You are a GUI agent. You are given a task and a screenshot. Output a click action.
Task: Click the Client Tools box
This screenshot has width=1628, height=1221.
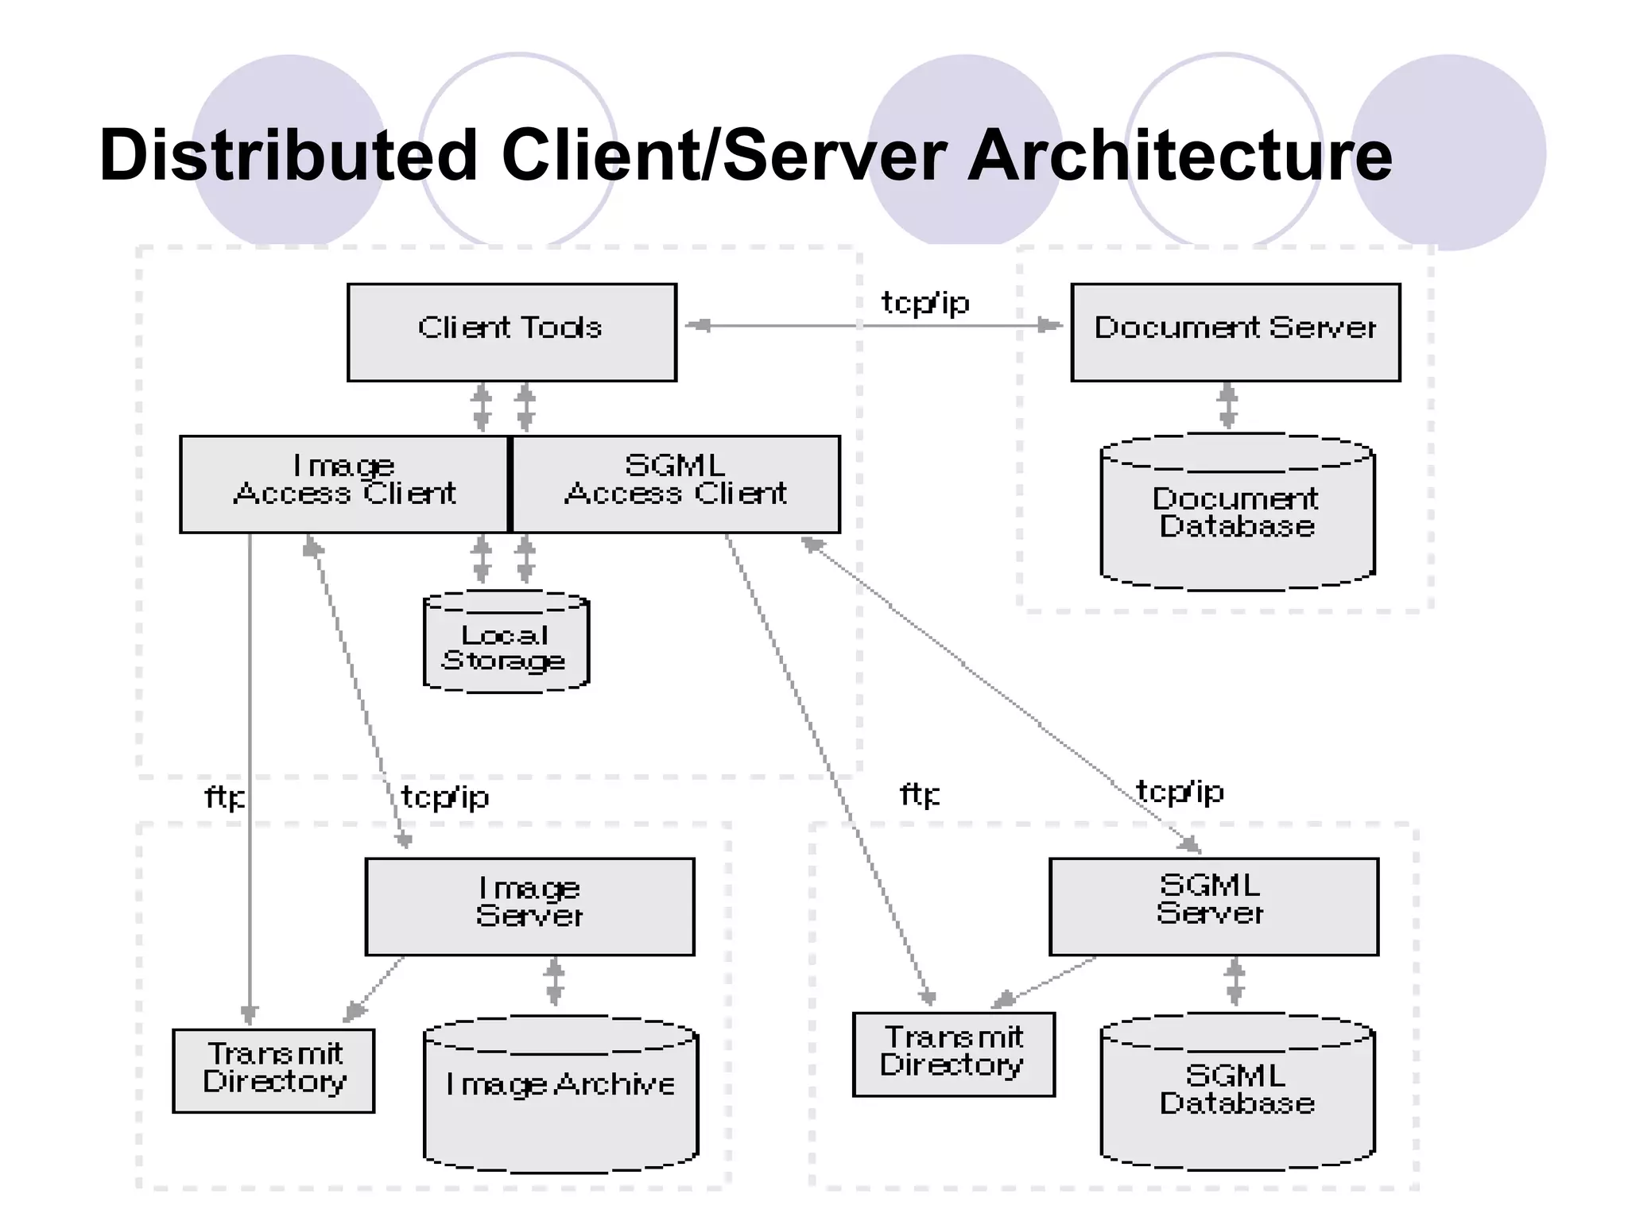coord(511,332)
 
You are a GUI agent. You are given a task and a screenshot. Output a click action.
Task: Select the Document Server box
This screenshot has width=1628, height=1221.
coord(1235,332)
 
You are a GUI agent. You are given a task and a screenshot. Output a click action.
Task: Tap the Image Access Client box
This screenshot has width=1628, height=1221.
coord(343,483)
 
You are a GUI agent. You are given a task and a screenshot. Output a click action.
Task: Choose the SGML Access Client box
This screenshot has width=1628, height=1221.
coord(676,483)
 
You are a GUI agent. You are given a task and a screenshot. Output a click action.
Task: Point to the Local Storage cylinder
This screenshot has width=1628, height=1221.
coord(506,645)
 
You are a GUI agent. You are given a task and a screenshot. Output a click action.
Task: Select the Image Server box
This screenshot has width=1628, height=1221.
coord(529,906)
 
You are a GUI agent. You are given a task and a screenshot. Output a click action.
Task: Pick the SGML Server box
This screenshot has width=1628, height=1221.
coord(1213,906)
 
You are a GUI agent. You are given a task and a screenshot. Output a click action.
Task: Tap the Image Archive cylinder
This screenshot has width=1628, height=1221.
coord(560,1097)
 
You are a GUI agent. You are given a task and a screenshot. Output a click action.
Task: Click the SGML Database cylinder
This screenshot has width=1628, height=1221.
coord(1237,1097)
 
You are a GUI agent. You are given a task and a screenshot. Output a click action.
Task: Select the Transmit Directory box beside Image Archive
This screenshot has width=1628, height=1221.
coord(273,1070)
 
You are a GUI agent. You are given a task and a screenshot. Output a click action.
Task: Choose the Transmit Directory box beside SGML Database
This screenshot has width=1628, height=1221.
coord(953,1053)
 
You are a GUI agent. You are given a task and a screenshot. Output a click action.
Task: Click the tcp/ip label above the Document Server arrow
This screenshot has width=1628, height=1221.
coord(925,303)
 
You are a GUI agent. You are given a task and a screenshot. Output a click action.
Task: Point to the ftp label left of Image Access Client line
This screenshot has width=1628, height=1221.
coord(224,797)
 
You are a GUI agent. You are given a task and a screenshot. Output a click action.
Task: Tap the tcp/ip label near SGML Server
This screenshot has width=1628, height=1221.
coord(1180,792)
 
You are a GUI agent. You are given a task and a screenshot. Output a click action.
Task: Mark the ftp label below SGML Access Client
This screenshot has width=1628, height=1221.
coord(919,794)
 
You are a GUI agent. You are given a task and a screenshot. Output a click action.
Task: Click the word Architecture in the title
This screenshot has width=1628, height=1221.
coord(1179,155)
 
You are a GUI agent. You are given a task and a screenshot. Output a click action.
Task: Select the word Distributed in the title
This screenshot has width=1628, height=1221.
coord(288,155)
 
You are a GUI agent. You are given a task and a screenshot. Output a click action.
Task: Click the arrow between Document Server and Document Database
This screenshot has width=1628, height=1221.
coord(1228,406)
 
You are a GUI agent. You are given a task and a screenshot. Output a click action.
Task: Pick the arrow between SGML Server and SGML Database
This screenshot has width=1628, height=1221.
coord(1235,983)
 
